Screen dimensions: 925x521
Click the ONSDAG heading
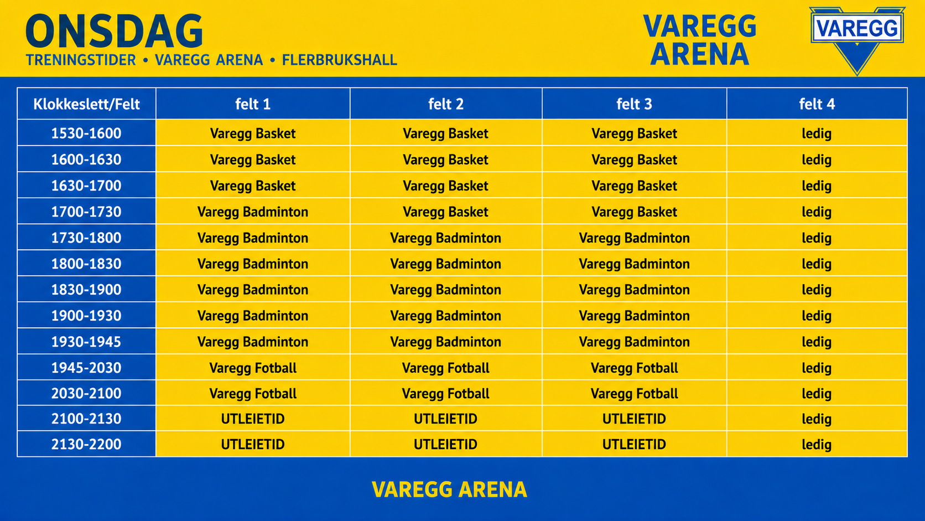coord(115,31)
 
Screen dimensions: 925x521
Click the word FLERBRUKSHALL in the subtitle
coord(340,60)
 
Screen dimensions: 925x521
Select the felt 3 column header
coord(635,104)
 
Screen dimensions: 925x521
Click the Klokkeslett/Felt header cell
coord(86,104)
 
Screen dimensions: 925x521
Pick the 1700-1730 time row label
coord(86,212)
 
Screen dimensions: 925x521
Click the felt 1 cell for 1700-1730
coord(253,212)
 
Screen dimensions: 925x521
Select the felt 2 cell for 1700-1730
coord(445,212)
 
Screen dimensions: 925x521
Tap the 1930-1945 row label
coord(86,342)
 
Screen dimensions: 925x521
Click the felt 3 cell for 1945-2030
coord(635,368)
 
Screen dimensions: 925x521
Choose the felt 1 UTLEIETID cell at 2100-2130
coord(253,419)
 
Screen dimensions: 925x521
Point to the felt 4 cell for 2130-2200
coord(817,444)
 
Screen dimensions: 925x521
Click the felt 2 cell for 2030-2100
coord(445,393)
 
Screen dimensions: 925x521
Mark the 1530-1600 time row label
coord(86,133)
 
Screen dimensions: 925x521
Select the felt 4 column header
coord(817,104)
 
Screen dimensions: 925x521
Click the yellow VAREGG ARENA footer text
coord(449,489)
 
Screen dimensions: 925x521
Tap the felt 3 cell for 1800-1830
coord(635,264)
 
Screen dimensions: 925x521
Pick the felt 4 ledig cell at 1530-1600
coord(817,133)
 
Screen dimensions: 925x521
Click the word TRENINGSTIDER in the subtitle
coord(81,60)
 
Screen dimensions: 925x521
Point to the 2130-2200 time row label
coord(86,444)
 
